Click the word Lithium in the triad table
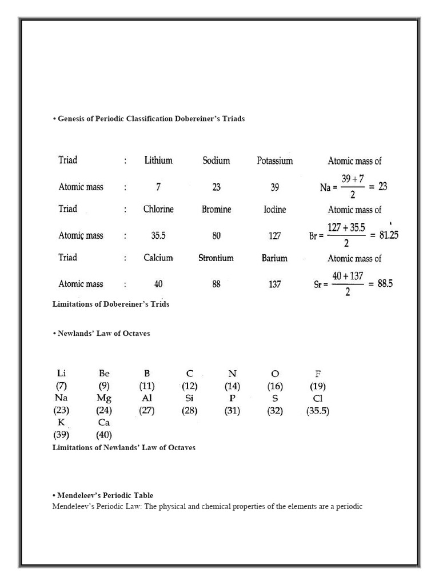158,161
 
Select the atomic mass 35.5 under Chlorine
158,235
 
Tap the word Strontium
216,258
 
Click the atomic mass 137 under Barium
274,284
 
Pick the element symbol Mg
104,398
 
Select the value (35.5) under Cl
318,411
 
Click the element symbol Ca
103,423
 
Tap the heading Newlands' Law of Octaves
103,334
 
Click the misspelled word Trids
160,304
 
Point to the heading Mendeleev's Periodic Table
105,495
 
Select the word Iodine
274,210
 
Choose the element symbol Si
190,398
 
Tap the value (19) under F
318,386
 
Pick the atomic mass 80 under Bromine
216,235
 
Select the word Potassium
274,161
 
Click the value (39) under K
61,435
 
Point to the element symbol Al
146,398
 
